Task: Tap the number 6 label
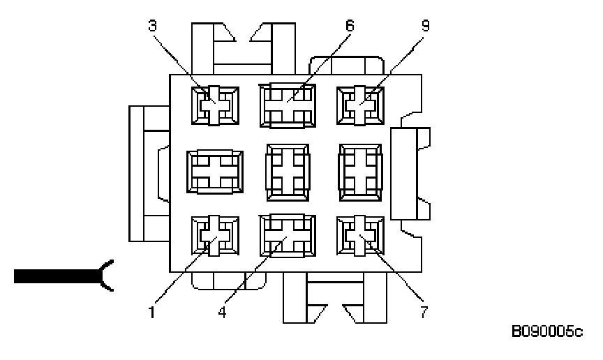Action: point(349,26)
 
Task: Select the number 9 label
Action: point(424,26)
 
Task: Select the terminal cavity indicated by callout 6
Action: point(287,105)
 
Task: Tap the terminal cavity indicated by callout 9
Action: point(359,106)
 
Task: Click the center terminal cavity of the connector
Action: point(287,170)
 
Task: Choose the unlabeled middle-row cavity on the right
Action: point(359,170)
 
